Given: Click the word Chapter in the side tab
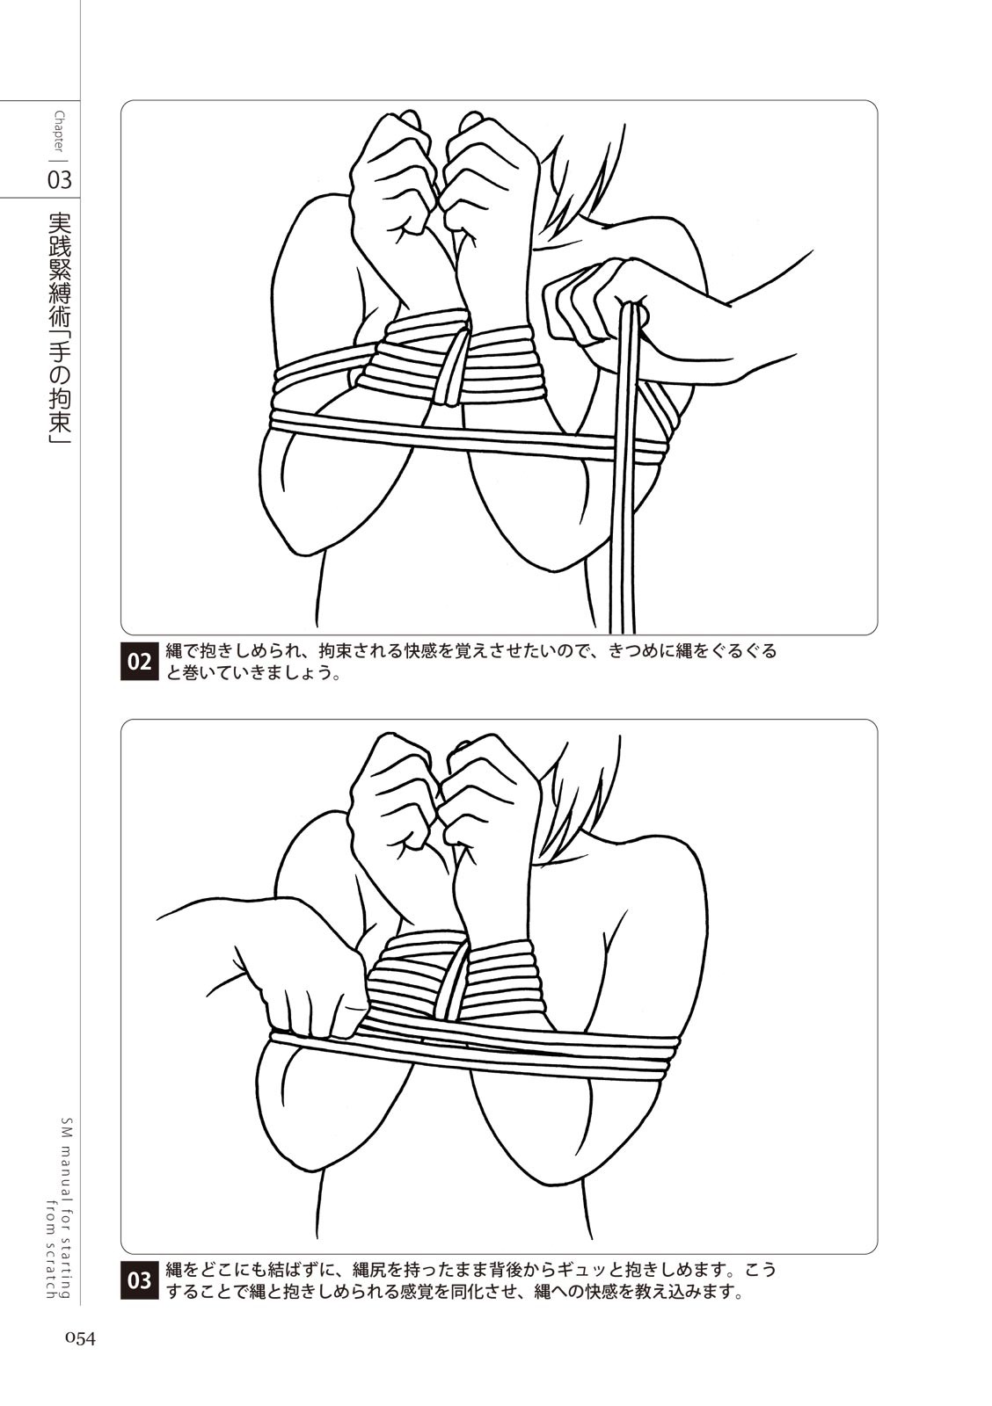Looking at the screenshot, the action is pyautogui.click(x=60, y=132).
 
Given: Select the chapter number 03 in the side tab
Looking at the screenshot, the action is pyautogui.click(x=60, y=181).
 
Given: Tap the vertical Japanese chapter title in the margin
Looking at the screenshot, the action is pyautogui.click(x=60, y=329).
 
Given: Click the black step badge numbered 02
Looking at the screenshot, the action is pyautogui.click(x=140, y=663).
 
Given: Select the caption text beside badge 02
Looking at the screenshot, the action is pyautogui.click(x=471, y=663).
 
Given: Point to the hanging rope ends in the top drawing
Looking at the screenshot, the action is pyautogui.click(x=627, y=471).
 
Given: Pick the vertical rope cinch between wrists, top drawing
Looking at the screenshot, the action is pyautogui.click(x=456, y=364).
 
